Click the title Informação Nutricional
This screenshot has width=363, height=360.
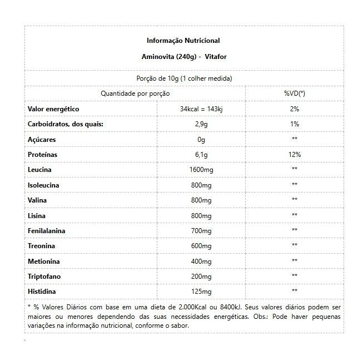(183, 41)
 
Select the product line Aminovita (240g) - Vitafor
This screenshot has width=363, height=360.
(183, 57)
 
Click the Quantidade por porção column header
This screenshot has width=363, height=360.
(135, 93)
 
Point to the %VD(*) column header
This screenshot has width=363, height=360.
(294, 93)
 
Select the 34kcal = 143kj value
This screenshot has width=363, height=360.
(201, 109)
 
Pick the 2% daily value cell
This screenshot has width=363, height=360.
(294, 109)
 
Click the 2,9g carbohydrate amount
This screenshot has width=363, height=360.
(201, 124)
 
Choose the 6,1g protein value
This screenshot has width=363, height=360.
(201, 154)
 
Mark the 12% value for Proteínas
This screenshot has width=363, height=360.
(294, 154)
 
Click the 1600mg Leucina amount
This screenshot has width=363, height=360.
(201, 169)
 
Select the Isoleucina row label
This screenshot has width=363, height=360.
(43, 184)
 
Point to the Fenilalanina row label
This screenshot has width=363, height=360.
(46, 230)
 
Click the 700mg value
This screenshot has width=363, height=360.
(201, 230)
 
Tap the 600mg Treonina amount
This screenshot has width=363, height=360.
(201, 245)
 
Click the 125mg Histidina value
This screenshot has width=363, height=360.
(201, 290)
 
